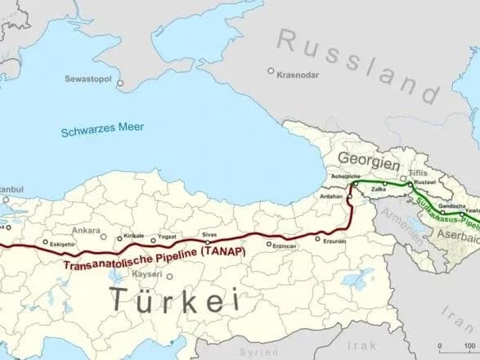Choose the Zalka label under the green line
tap(379, 191)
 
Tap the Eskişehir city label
tap(64, 245)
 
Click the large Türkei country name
tap(175, 300)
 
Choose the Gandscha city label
tap(451, 205)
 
